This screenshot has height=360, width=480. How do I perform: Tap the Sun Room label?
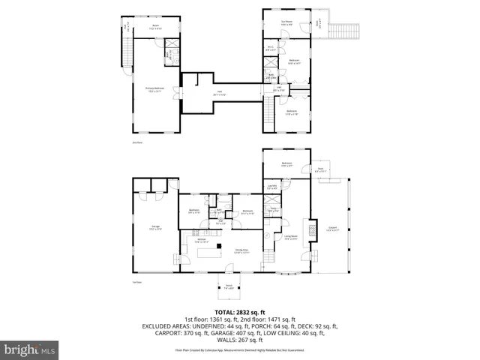pyautogui.click(x=286, y=23)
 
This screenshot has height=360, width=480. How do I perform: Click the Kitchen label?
pyautogui.click(x=202, y=241)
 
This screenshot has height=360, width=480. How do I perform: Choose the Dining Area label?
pyautogui.click(x=241, y=252)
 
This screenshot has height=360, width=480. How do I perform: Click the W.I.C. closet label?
pyautogui.click(x=270, y=49)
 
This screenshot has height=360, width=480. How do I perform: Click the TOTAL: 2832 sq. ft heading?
pyautogui.click(x=239, y=312)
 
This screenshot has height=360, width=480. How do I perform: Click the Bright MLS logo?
pyautogui.click(x=31, y=349)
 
